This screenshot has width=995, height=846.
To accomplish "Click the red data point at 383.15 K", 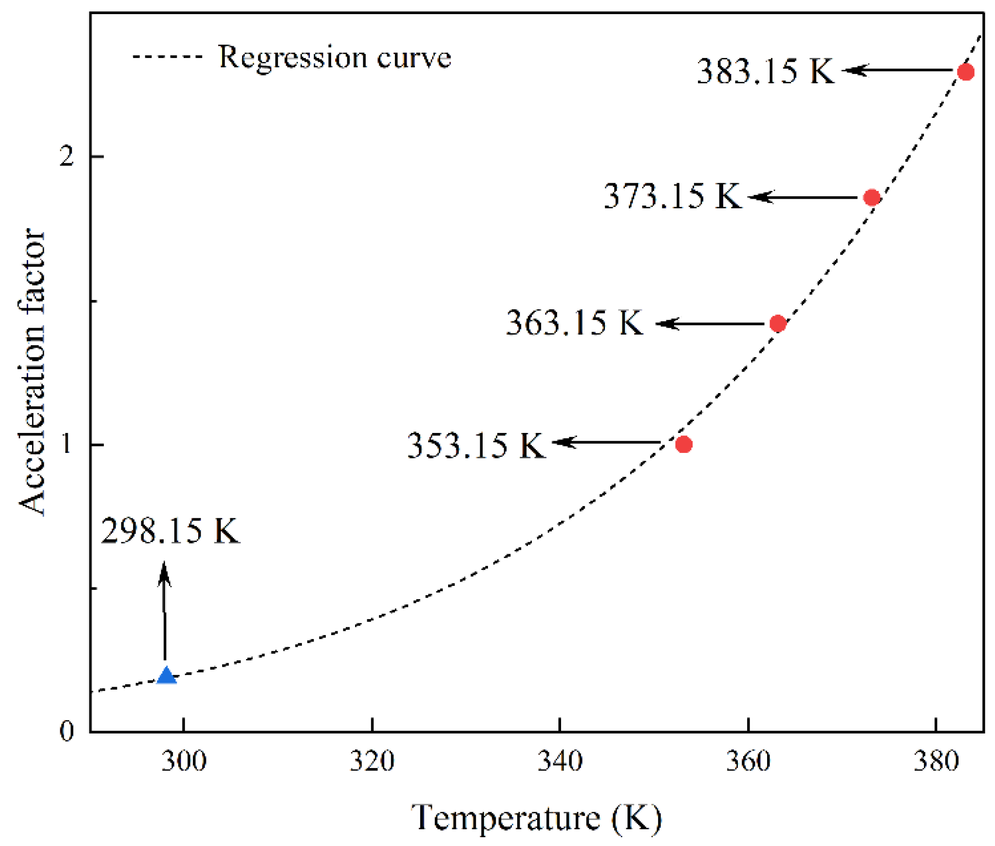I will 965,72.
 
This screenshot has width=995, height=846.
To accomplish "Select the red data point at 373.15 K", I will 871,197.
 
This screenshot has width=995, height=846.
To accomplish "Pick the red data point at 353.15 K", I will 683,444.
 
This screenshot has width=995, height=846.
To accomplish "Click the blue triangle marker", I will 167,676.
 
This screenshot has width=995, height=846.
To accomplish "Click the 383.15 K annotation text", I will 765,71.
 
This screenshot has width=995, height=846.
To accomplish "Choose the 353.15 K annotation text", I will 475,445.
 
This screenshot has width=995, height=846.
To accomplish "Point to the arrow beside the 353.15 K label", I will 606,442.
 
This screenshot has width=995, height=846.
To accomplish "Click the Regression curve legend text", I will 335,57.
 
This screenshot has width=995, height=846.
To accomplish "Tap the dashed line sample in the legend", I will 167,57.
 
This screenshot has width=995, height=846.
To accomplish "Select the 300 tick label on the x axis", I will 184,761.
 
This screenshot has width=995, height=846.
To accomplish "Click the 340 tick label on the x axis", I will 560,761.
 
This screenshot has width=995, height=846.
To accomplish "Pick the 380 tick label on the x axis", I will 936,761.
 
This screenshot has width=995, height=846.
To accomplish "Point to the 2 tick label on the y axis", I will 66,156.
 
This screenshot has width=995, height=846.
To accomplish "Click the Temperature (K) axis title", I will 536,818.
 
